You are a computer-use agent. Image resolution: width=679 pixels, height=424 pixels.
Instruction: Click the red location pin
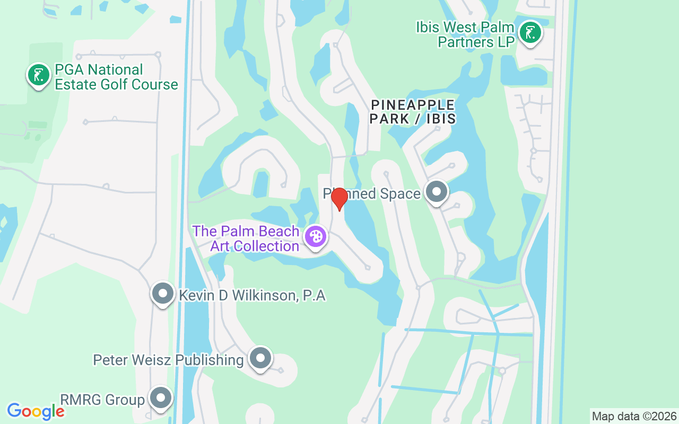pos(339,199)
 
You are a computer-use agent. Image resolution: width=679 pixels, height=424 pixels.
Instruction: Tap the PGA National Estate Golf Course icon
pos(38,75)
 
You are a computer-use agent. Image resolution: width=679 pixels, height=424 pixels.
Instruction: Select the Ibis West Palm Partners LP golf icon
pos(530,33)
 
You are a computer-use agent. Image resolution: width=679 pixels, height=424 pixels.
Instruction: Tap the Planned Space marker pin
pos(437,192)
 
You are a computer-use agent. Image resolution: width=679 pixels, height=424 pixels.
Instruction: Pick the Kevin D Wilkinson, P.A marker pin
pos(163,293)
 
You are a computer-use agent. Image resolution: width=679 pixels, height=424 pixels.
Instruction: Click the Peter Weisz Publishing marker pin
pos(260,358)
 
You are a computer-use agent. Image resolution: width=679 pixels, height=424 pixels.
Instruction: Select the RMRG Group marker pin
pos(161,397)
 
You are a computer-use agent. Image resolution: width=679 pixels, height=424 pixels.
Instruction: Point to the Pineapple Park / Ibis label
pos(413,112)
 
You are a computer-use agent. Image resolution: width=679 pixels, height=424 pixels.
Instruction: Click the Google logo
pos(36,411)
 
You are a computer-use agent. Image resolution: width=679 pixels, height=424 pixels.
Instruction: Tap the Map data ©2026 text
pos(634,416)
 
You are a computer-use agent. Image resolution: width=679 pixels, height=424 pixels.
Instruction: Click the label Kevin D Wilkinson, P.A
pos(252,295)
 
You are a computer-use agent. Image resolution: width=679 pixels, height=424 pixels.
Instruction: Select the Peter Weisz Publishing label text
pos(168,360)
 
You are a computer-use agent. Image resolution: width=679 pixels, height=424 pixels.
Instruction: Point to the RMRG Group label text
pos(102,400)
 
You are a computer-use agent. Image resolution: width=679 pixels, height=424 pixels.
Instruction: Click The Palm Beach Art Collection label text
pos(247,238)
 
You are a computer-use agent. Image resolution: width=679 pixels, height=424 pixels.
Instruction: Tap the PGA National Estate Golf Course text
pos(116,77)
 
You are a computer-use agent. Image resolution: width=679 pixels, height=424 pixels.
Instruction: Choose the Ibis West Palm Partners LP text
pos(465,34)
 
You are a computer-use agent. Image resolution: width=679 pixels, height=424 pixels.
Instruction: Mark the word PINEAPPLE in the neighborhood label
pos(413,105)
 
